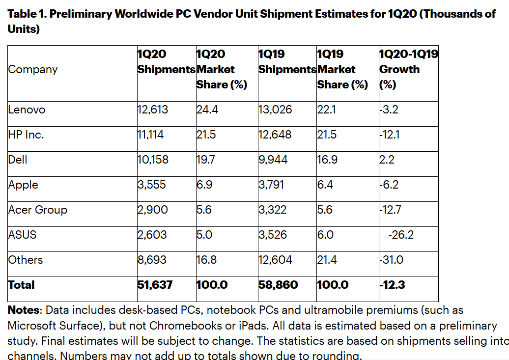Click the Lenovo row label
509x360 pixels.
pos(27,110)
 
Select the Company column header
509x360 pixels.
pos(32,69)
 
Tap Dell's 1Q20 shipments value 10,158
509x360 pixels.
pos(152,160)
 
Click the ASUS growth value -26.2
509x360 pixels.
pos(401,235)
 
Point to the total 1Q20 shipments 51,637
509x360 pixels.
pos(155,285)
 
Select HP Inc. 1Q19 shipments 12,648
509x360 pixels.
pos(275,135)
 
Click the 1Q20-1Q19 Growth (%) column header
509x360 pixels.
pos(408,69)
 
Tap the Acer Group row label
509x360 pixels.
pos(38,210)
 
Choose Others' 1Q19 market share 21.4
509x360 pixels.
pos(327,260)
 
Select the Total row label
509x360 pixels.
pos(22,285)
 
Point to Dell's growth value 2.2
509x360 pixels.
pos(387,160)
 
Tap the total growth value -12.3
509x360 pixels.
pos(392,285)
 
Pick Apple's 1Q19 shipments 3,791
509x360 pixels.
pos(271,185)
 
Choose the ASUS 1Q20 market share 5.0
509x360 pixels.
pos(204,235)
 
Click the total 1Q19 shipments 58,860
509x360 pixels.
pos(278,285)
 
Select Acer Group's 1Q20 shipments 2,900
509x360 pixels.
pos(152,210)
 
